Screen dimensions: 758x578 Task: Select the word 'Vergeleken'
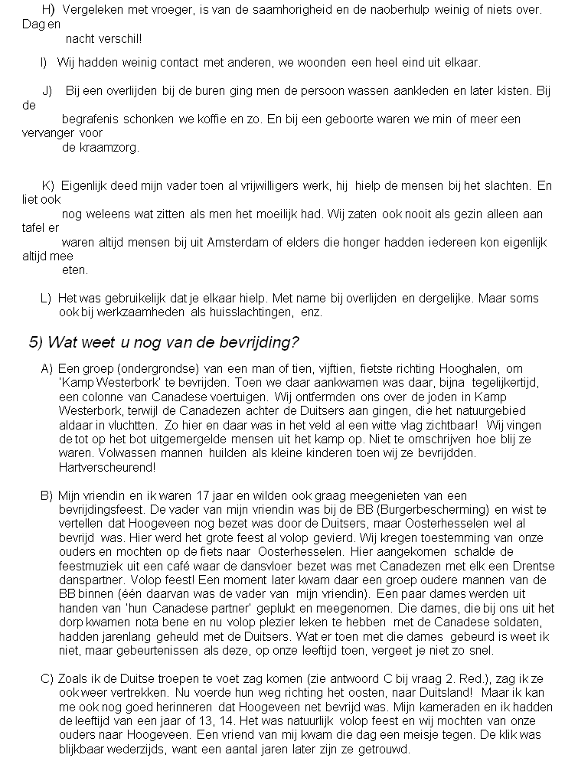pyautogui.click(x=89, y=9)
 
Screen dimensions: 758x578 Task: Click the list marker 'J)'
pyautogui.click(x=47, y=90)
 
